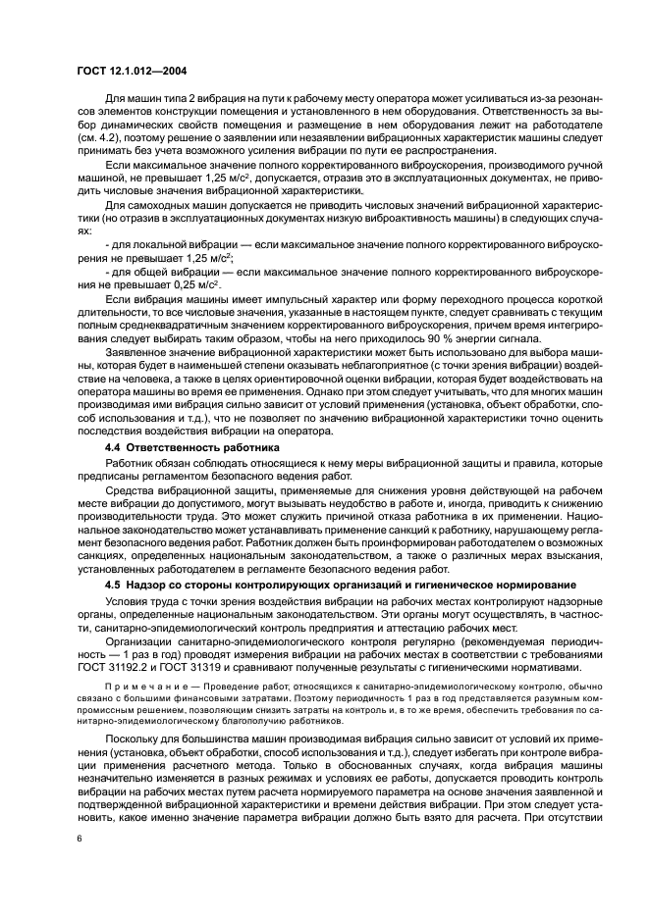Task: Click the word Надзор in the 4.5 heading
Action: [x=154, y=586]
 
